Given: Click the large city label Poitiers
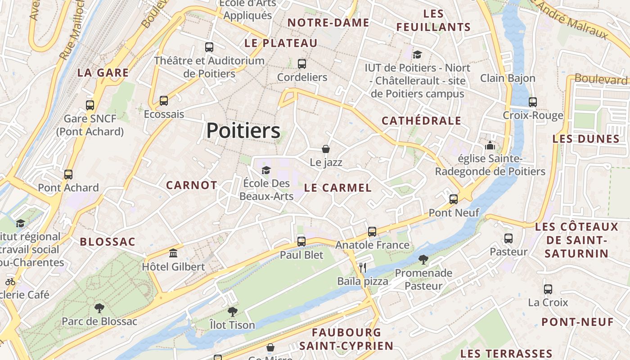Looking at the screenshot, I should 243,131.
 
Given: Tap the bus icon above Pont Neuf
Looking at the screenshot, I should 454,199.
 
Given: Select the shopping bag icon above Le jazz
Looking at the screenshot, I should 326,148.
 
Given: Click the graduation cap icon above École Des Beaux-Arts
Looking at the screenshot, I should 266,170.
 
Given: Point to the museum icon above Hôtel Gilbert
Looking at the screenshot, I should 173,253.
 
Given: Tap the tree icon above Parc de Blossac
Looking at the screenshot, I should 99,308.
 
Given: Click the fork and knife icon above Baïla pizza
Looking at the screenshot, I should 363,268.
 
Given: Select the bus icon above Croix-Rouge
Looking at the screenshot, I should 533,102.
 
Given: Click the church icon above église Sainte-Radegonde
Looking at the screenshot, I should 490,145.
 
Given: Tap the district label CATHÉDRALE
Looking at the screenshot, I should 421,121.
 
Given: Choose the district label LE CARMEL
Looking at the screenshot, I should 338,188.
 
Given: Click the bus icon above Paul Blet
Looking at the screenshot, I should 301,241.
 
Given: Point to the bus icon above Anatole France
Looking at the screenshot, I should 372,232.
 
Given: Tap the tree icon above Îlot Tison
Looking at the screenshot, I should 232,311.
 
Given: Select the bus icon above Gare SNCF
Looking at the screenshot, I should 90,105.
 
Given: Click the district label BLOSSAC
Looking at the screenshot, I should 108,242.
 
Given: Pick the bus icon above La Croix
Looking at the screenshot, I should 548,289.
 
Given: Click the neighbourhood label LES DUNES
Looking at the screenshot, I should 586,139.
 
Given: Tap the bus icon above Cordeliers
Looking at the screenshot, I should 302,64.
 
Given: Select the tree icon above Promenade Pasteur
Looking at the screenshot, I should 423,259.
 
